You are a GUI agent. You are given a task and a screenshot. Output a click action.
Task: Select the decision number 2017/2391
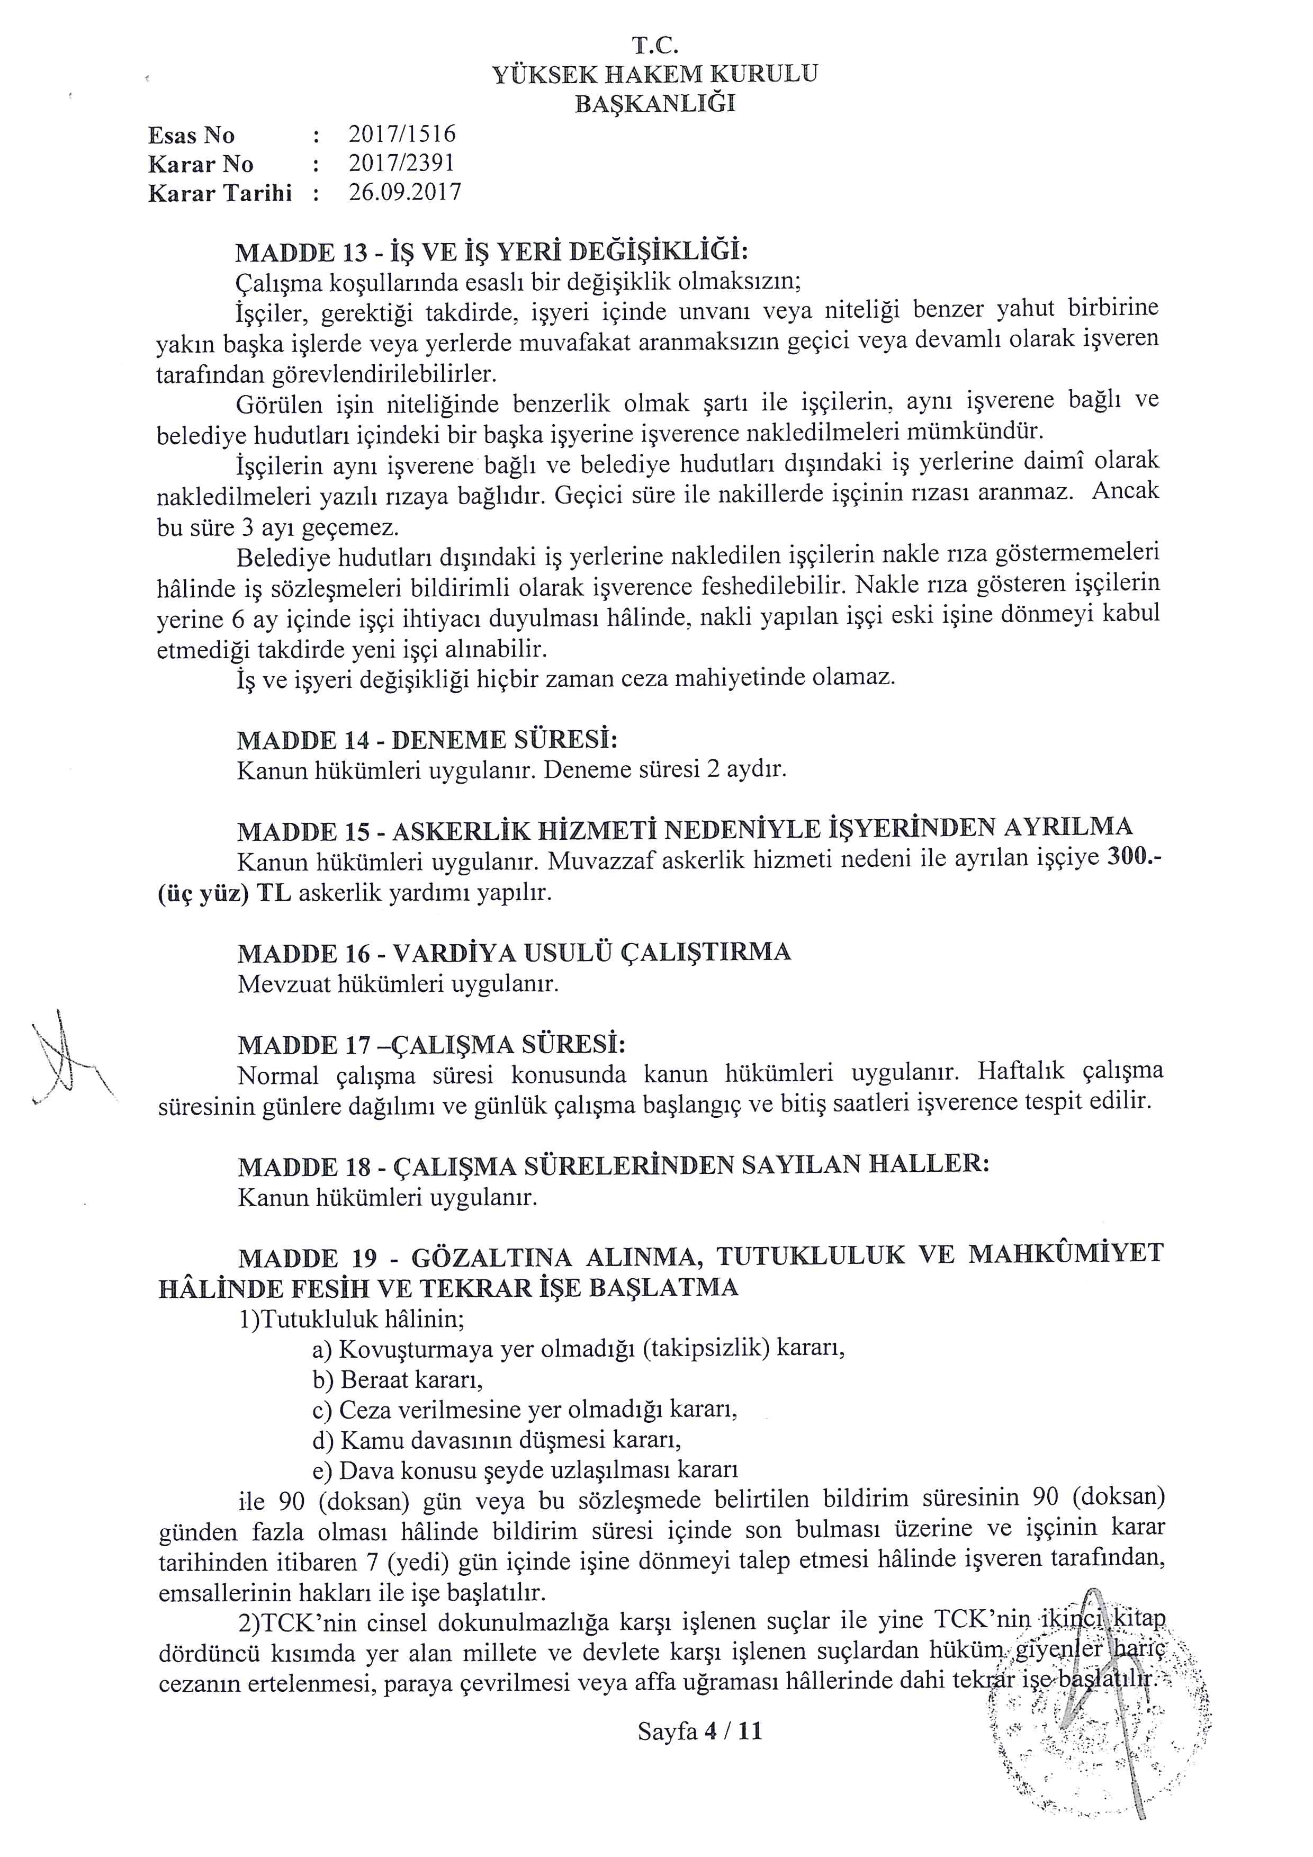coord(401,164)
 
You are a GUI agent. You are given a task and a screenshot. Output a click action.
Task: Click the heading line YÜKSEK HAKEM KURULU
coord(655,75)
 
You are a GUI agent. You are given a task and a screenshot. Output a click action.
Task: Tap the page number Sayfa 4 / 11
coord(699,1732)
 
